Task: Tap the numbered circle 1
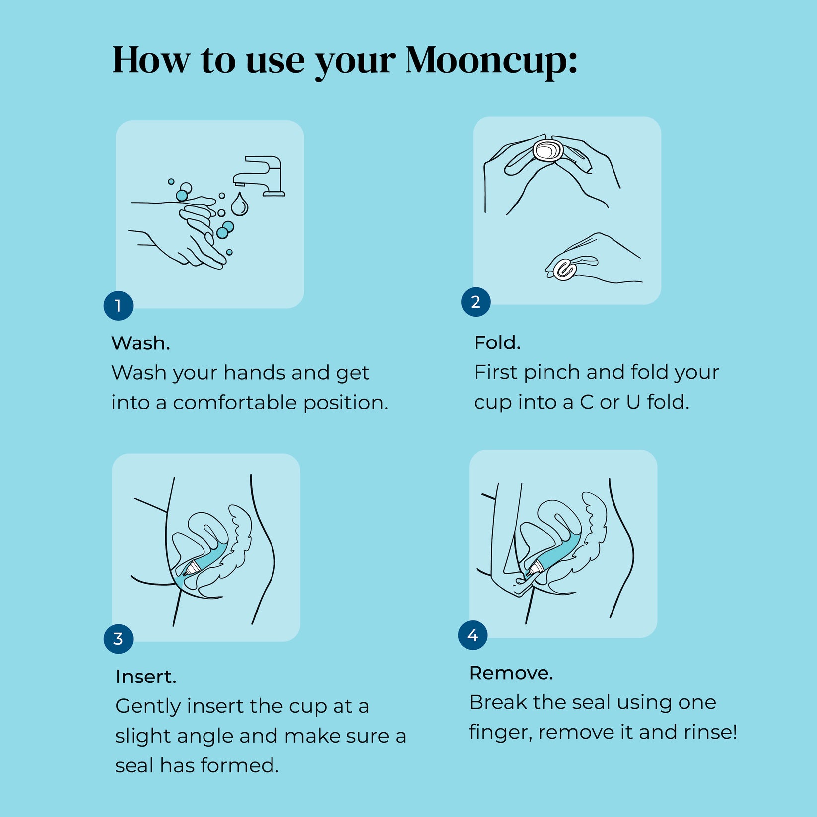[118, 306]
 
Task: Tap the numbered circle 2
[476, 302]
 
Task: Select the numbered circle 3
[118, 639]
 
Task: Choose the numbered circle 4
[473, 635]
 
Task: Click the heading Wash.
[140, 343]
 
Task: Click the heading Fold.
[497, 343]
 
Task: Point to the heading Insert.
[145, 677]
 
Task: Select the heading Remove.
[511, 673]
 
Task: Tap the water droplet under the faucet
[240, 205]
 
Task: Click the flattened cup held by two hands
[548, 150]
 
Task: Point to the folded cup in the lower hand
[565, 270]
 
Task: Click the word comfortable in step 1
[235, 403]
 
